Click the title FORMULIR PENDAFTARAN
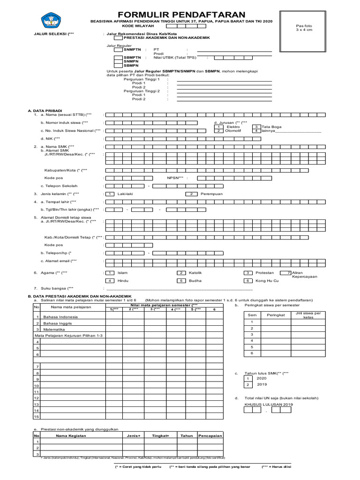[181, 14]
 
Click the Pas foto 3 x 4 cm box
[303, 28]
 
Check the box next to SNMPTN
[119, 49]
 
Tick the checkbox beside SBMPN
[119, 65]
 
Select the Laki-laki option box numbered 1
[110, 194]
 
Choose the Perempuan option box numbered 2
[191, 194]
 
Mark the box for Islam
[110, 272]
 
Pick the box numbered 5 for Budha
[181, 280]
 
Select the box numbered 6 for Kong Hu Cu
[248, 280]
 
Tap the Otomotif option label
[233, 131]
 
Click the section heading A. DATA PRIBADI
[45, 111]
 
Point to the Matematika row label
[54, 330]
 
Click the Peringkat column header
[276, 315]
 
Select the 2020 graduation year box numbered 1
[248, 378]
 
